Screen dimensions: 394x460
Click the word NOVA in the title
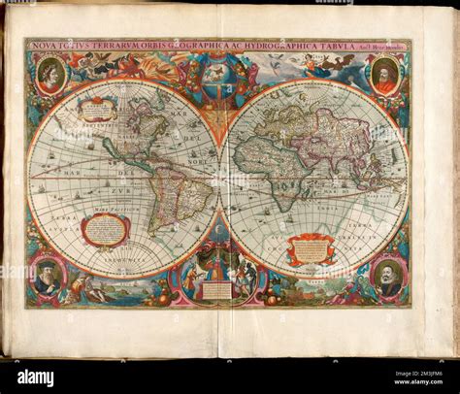pyautogui.click(x=44, y=45)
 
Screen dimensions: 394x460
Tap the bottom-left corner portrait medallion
pyautogui.click(x=49, y=277)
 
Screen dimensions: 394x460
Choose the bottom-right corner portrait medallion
pyautogui.click(x=387, y=278)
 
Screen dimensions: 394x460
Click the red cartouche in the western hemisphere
pyautogui.click(x=106, y=230)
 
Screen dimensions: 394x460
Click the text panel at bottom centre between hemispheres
pyautogui.click(x=217, y=288)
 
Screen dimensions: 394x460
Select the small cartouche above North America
pyautogui.click(x=98, y=110)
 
